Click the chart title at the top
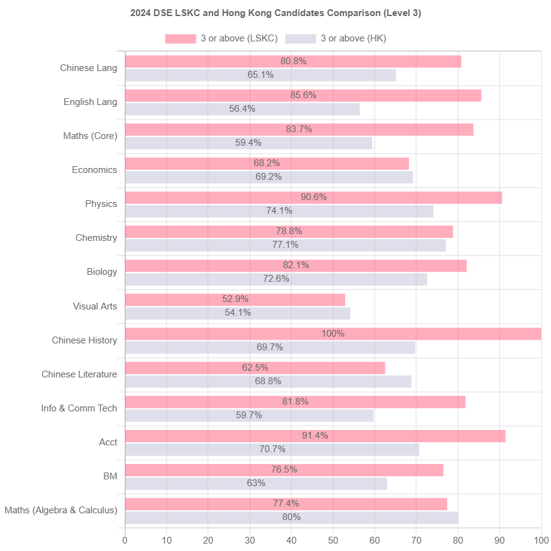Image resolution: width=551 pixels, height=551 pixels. pyautogui.click(x=275, y=13)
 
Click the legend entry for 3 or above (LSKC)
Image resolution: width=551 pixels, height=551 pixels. pyautogui.click(x=221, y=38)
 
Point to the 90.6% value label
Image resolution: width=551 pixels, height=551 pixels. pyautogui.click(x=313, y=197)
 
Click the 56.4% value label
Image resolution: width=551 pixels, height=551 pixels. pyautogui.click(x=242, y=109)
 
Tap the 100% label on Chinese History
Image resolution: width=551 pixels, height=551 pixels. pyautogui.click(x=333, y=334)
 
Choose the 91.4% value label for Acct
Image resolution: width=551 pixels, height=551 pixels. pyautogui.click(x=315, y=435)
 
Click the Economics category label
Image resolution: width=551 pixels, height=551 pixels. pyautogui.click(x=95, y=170)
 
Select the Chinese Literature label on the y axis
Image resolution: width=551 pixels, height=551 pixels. pyautogui.click(x=79, y=374)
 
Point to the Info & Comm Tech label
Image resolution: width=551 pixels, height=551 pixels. pyautogui.click(x=79, y=408)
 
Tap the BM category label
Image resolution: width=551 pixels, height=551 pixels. pyautogui.click(x=110, y=476)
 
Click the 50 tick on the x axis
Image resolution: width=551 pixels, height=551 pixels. pyautogui.click(x=333, y=540)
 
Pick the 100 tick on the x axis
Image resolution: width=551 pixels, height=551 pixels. pyautogui.click(x=541, y=540)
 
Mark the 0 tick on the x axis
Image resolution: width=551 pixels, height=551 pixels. pyautogui.click(x=125, y=540)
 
